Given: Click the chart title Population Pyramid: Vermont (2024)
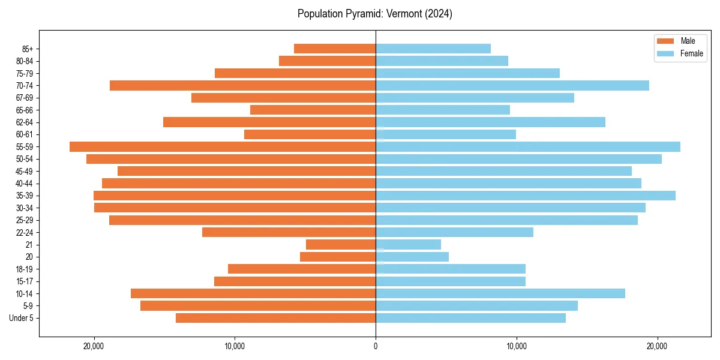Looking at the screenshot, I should point(375,14).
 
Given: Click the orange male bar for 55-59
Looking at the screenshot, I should point(223,146).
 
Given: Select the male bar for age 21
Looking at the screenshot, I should point(341,244).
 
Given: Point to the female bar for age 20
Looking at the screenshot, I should point(412,257).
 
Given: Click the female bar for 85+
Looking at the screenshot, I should point(433,49).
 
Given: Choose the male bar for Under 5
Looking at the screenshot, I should point(275,318).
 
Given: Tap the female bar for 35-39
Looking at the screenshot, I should point(525,196).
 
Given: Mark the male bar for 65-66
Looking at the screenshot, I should point(313,110).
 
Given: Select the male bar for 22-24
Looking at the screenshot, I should point(289,232).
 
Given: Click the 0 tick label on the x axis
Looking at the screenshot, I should point(376,346).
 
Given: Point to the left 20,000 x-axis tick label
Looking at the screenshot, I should point(94,346).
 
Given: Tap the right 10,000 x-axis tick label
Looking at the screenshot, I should point(516,346).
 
